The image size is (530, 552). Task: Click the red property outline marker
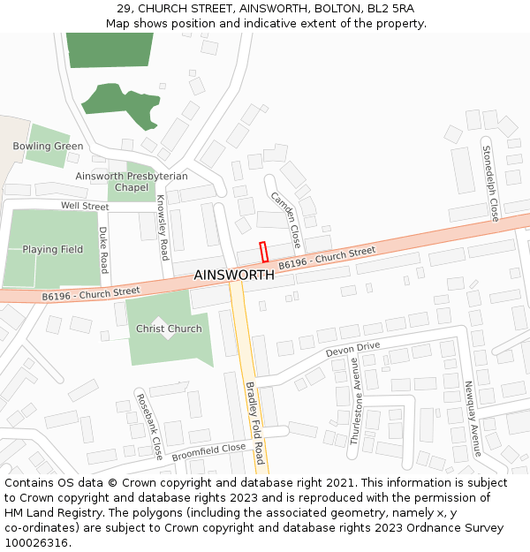tap(263, 252)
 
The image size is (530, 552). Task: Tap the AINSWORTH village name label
tap(234, 276)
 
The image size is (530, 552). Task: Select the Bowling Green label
tap(48, 147)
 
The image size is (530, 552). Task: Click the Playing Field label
tap(53, 250)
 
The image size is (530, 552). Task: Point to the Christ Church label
tap(169, 329)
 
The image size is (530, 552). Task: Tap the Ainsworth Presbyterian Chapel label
tap(132, 182)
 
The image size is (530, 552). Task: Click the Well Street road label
tap(85, 207)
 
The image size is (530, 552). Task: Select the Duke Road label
tap(103, 250)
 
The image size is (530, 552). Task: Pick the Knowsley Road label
tap(163, 228)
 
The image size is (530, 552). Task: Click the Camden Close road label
tap(286, 220)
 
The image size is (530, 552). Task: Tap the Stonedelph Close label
tap(490, 185)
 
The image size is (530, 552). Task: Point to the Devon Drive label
tap(352, 350)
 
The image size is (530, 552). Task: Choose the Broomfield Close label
tap(208, 453)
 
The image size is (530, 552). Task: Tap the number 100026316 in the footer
tap(34, 543)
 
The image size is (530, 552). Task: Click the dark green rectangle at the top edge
tap(110, 49)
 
